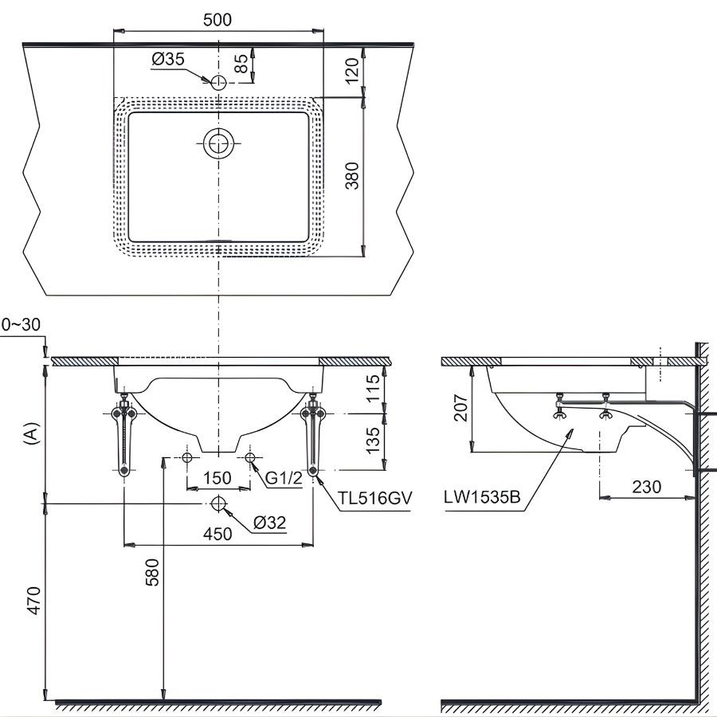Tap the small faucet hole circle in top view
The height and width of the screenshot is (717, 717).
click(x=218, y=80)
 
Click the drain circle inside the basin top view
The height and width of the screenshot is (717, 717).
click(x=218, y=144)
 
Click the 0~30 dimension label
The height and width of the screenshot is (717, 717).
click(x=21, y=324)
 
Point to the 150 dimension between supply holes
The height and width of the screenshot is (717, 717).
click(x=216, y=478)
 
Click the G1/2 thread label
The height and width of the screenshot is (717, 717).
click(x=283, y=478)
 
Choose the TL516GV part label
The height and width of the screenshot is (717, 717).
click(x=374, y=499)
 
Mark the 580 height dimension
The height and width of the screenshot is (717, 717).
click(x=151, y=574)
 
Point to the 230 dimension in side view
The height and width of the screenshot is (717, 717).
click(x=645, y=486)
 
